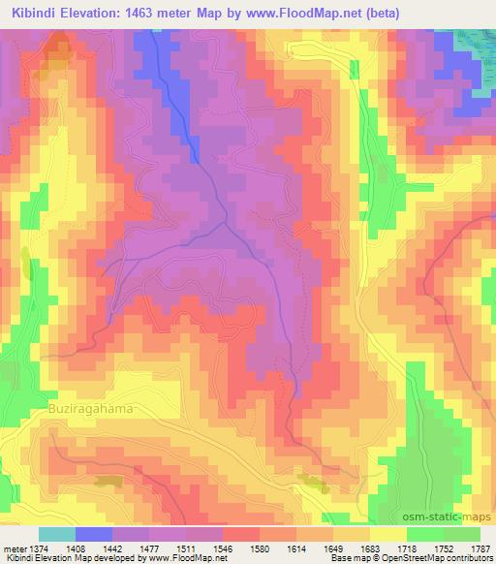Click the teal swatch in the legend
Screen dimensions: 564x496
click(x=57, y=533)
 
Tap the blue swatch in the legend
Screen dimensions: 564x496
click(x=94, y=533)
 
